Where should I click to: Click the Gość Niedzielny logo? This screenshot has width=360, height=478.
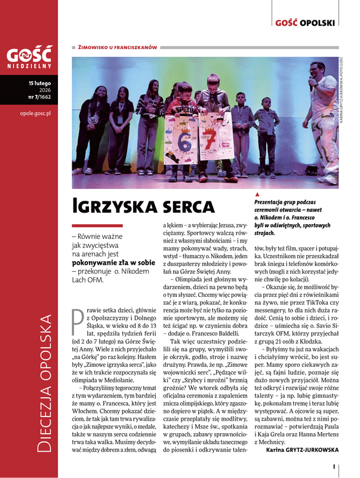pos(30,57)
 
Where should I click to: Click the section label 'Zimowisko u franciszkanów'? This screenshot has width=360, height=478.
pos(118,46)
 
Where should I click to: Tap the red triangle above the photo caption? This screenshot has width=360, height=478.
pos(257,195)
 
